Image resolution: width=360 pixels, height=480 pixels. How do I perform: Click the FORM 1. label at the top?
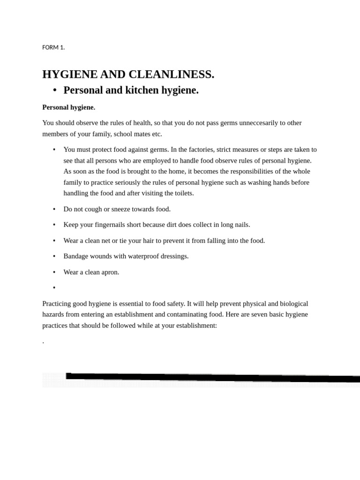click(x=53, y=47)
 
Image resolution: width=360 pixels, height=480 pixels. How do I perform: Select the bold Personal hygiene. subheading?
click(x=68, y=107)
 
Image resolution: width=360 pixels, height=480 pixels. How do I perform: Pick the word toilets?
click(x=180, y=193)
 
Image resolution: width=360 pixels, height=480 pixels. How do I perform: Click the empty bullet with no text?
click(x=54, y=288)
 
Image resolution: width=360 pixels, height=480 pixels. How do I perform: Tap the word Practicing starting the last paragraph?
click(x=59, y=304)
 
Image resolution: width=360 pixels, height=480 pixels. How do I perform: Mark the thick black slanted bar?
click(x=211, y=377)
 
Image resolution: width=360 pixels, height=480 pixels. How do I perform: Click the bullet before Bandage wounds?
click(x=54, y=256)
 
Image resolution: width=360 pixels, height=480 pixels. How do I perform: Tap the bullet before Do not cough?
click(x=54, y=210)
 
